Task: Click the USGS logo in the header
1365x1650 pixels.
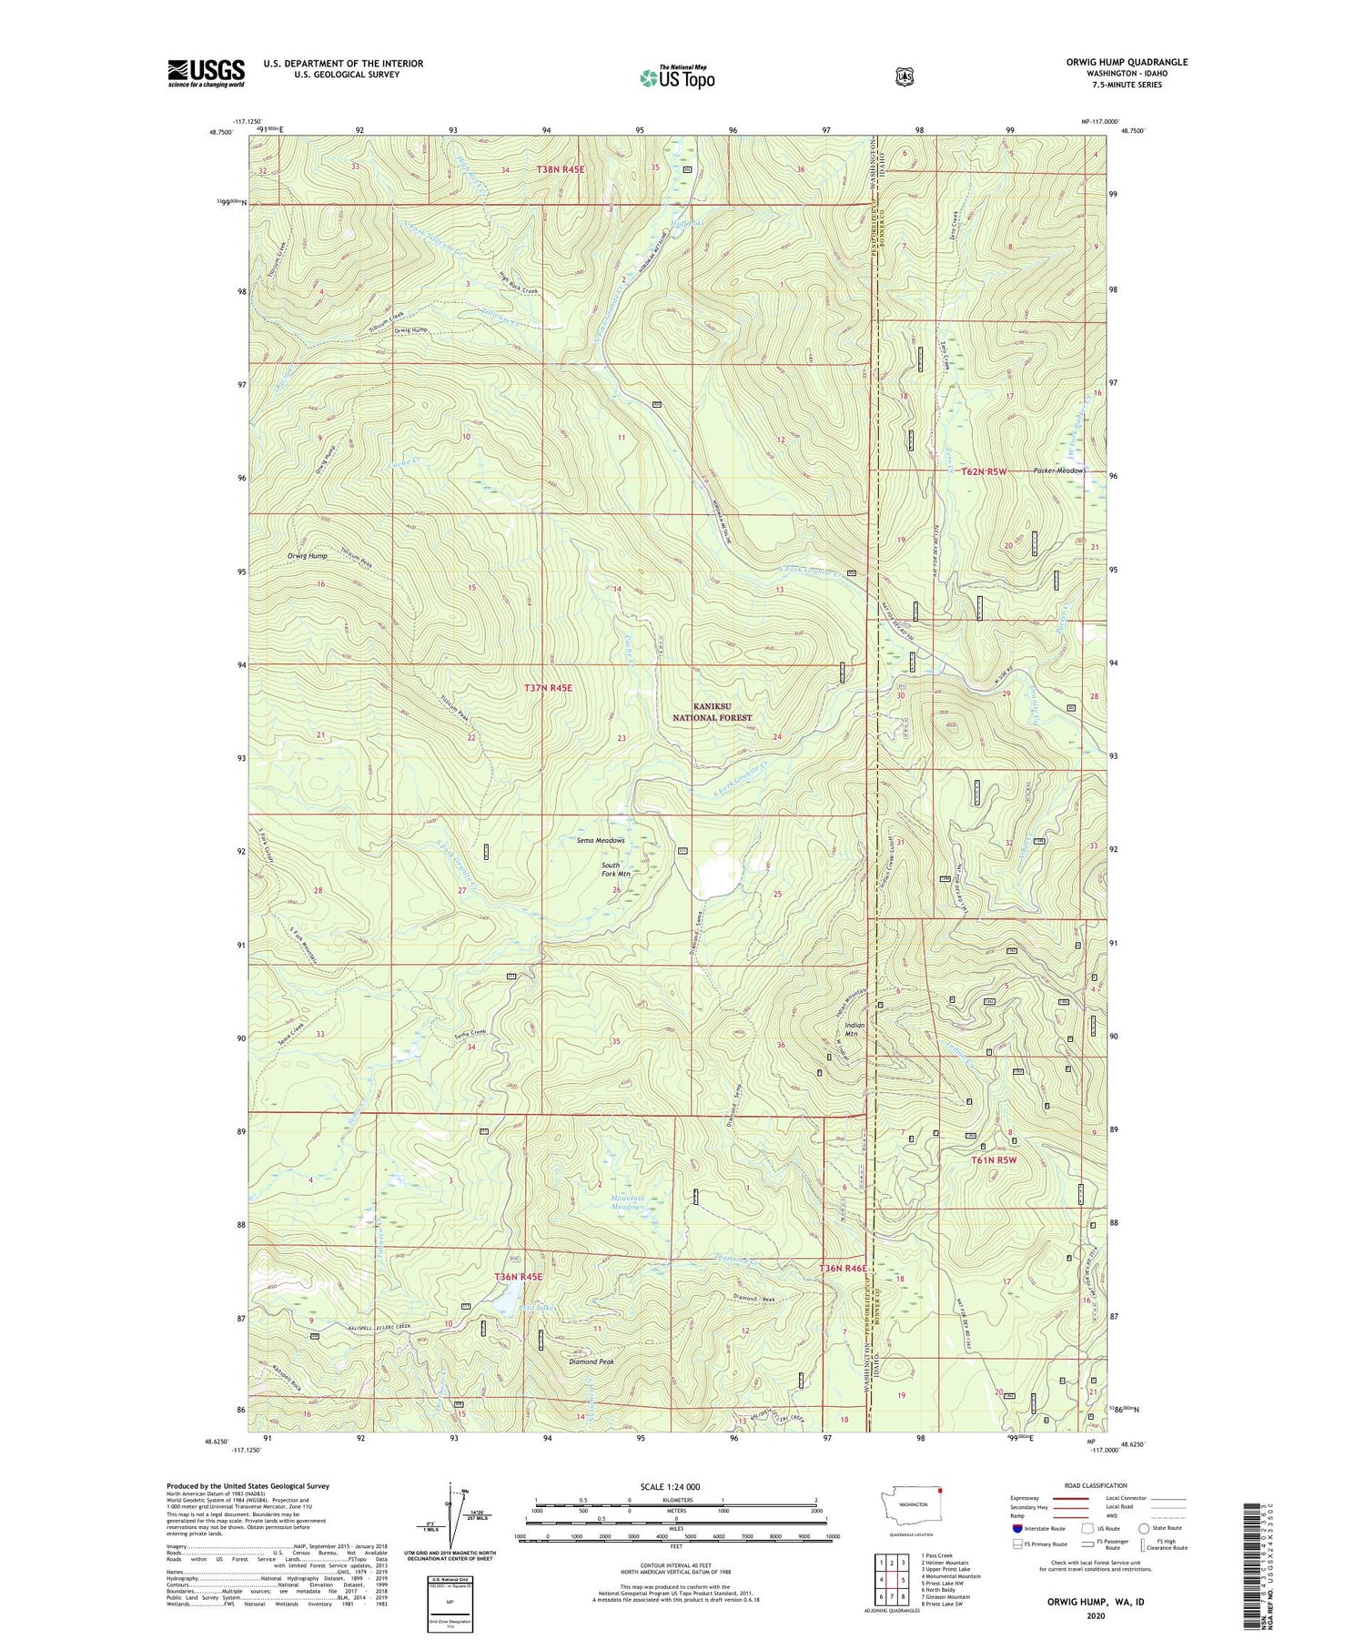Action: [x=206, y=73]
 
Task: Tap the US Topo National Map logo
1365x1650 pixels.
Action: [x=677, y=77]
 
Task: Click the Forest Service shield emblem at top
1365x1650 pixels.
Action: [x=904, y=77]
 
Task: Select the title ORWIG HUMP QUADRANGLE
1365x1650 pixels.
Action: [x=1101, y=62]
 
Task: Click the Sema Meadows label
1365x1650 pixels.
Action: [x=600, y=841]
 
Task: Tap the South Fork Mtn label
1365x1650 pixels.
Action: [x=611, y=869]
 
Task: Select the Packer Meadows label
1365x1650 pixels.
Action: [x=1059, y=471]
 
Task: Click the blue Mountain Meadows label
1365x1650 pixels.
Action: [x=627, y=1203]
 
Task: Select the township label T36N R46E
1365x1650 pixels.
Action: [x=845, y=1268]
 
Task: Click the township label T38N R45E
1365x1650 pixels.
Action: [x=560, y=169]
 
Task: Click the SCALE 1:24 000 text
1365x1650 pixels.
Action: [x=677, y=1486]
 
